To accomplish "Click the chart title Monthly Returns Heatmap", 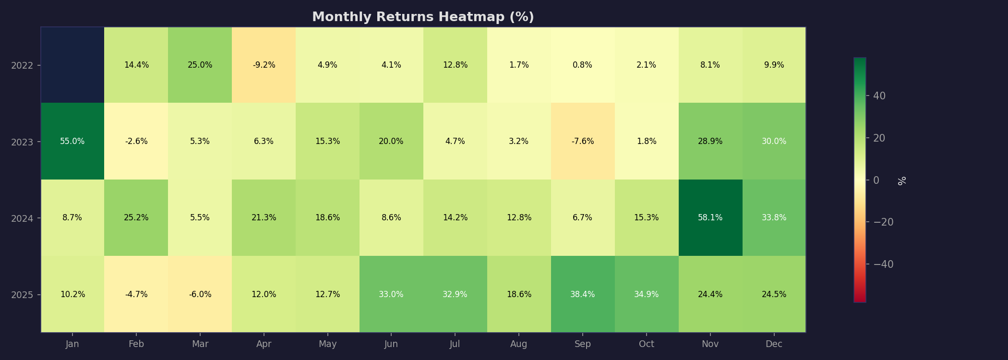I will pyautogui.click(x=423, y=17).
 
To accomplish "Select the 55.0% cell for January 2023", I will pyautogui.click(x=72, y=141).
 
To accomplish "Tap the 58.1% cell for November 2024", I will pyautogui.click(x=710, y=217).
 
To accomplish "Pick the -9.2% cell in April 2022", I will pyautogui.click(x=264, y=65).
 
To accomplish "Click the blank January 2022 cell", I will pyautogui.click(x=72, y=65).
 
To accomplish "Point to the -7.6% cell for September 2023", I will pyautogui.click(x=582, y=141).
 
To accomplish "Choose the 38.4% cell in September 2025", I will pyautogui.click(x=582, y=294).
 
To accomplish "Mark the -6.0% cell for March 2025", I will pyautogui.click(x=200, y=294).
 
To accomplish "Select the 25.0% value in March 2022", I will pyautogui.click(x=200, y=65).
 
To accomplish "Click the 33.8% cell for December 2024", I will pyautogui.click(x=774, y=217).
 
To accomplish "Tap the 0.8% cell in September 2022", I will pyautogui.click(x=582, y=65).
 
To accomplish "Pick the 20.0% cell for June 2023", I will pyautogui.click(x=391, y=141).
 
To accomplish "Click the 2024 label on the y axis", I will pyautogui.click(x=23, y=218).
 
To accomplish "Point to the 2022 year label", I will pyautogui.click(x=23, y=65).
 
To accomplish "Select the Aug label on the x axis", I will pyautogui.click(x=519, y=344).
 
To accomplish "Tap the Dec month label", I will pyautogui.click(x=774, y=344).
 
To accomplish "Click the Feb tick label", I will pyautogui.click(x=136, y=344).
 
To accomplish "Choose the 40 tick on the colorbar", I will pyautogui.click(x=879, y=96).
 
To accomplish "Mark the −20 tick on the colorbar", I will pyautogui.click(x=883, y=222).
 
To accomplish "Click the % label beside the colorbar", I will pyautogui.click(x=902, y=180).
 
